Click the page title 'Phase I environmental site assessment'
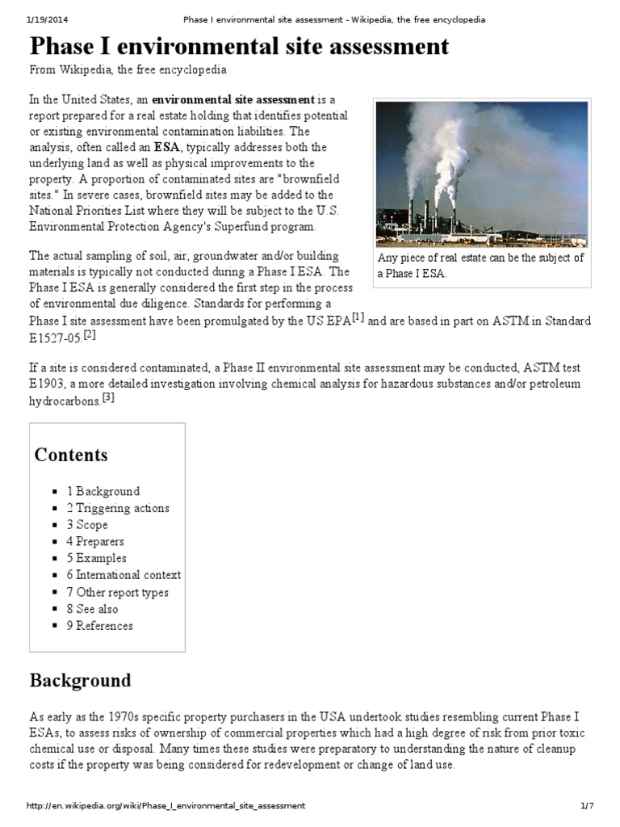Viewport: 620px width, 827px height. (x=239, y=46)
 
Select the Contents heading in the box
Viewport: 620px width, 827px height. (x=71, y=455)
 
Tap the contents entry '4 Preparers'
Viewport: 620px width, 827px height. (x=95, y=541)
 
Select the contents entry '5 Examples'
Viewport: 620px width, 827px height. (x=96, y=558)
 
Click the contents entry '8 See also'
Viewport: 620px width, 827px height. (x=92, y=609)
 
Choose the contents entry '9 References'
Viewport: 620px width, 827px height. (x=99, y=626)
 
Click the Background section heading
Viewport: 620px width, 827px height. (x=80, y=680)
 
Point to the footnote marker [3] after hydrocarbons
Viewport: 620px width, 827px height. (x=109, y=397)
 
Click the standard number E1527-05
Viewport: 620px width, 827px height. (x=56, y=338)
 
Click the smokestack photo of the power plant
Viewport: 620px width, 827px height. (x=481, y=174)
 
